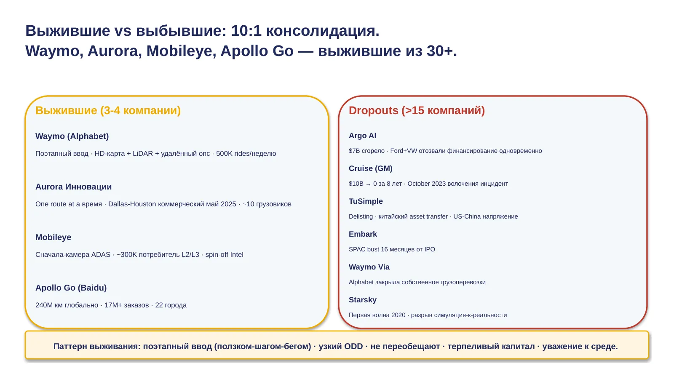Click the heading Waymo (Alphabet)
tap(72, 136)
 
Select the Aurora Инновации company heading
tap(73, 187)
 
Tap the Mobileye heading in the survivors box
tap(53, 238)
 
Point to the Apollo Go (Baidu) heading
tap(71, 288)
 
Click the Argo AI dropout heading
tap(362, 136)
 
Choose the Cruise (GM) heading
tap(370, 168)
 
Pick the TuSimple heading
tap(366, 201)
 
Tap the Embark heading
tap(363, 234)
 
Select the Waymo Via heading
tap(369, 267)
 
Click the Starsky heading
tap(363, 300)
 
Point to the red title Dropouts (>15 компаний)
tap(417, 110)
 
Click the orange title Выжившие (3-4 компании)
tap(108, 110)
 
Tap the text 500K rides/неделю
tap(246, 154)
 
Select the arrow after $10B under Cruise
tap(368, 184)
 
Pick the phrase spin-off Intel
tap(224, 255)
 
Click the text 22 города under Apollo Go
tap(171, 305)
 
